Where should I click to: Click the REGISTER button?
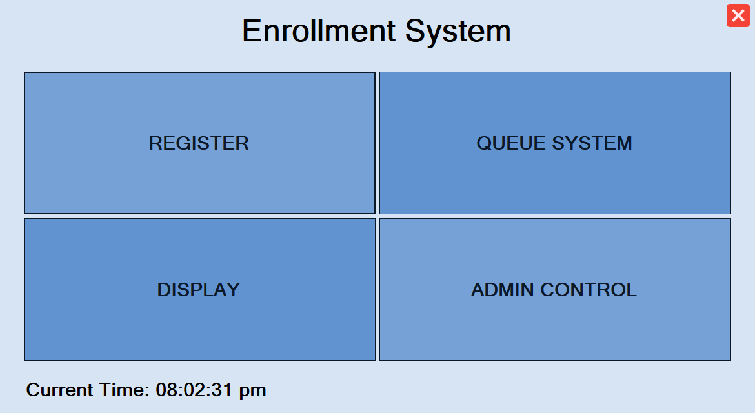pyautogui.click(x=199, y=143)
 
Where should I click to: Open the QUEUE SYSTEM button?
pyautogui.click(x=555, y=143)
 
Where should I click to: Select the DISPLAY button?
pyautogui.click(x=199, y=289)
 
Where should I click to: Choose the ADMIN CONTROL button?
pyautogui.click(x=555, y=289)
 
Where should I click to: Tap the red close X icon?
pyautogui.click(x=738, y=16)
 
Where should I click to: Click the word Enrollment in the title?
pyautogui.click(x=319, y=31)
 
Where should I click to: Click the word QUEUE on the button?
pyautogui.click(x=511, y=143)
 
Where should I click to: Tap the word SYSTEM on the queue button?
pyautogui.click(x=592, y=143)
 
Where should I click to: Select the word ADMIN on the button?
pyautogui.click(x=503, y=290)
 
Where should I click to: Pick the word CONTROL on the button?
pyautogui.click(x=589, y=290)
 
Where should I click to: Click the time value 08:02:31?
pyautogui.click(x=194, y=390)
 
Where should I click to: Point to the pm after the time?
pyautogui.click(x=253, y=392)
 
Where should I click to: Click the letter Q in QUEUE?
pyautogui.click(x=485, y=143)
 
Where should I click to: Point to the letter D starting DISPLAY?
pyautogui.click(x=165, y=290)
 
